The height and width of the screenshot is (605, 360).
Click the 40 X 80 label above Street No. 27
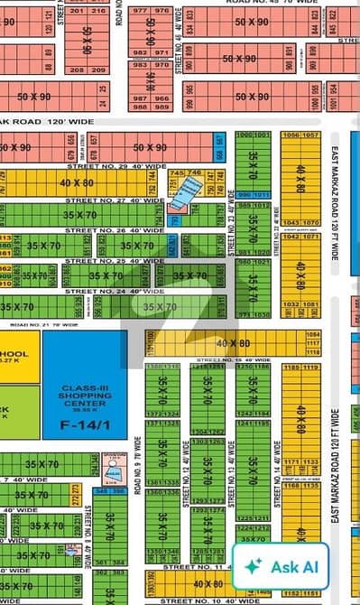(78, 182)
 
